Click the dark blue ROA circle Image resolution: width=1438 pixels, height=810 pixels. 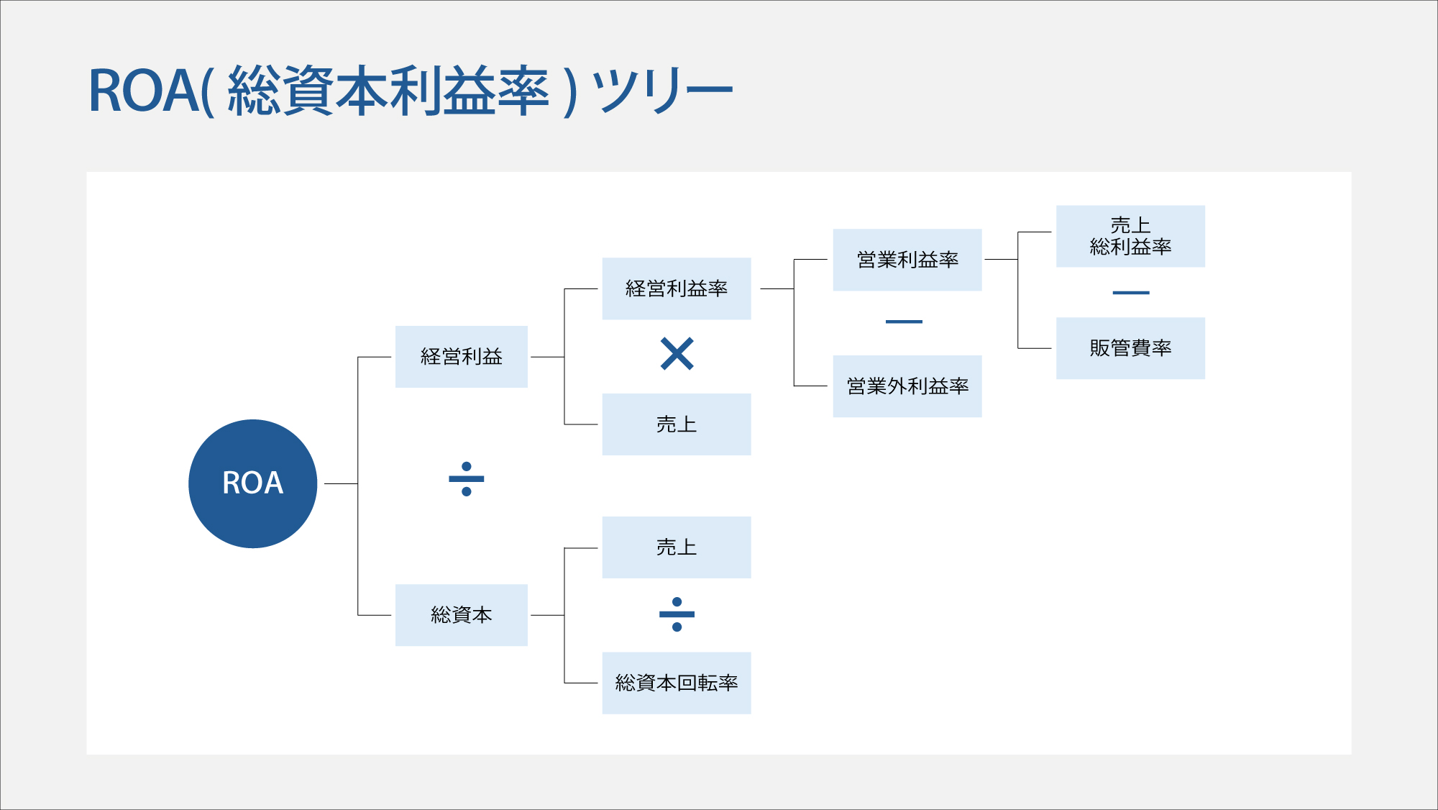tap(252, 483)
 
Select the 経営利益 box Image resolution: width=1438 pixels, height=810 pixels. tap(461, 357)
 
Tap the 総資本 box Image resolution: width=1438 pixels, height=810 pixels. tap(461, 615)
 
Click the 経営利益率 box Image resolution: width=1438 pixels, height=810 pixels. tap(676, 288)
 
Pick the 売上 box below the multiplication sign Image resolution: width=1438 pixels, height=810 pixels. tap(676, 424)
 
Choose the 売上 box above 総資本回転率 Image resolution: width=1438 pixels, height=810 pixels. tap(676, 547)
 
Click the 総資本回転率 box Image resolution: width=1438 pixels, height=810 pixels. tap(676, 683)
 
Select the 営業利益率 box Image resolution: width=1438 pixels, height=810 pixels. tap(907, 260)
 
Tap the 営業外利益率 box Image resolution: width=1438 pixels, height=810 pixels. tap(907, 386)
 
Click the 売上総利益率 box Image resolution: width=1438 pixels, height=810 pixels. tap(1130, 236)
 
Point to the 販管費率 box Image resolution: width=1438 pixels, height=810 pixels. tap(1130, 348)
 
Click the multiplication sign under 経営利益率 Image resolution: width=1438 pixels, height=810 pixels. tap(677, 353)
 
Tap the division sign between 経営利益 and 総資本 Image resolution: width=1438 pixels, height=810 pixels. tap(466, 479)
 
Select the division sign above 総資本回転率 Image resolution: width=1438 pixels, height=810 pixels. tap(677, 614)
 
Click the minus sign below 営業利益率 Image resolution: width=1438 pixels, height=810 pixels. tap(904, 322)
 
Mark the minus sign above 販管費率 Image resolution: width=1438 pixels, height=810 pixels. tap(1130, 293)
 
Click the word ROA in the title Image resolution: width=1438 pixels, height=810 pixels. tap(143, 91)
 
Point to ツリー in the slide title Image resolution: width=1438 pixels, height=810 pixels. tap(661, 91)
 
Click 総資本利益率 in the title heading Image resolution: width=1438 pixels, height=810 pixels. tap(388, 91)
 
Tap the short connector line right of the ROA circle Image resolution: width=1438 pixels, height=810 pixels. tap(341, 484)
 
